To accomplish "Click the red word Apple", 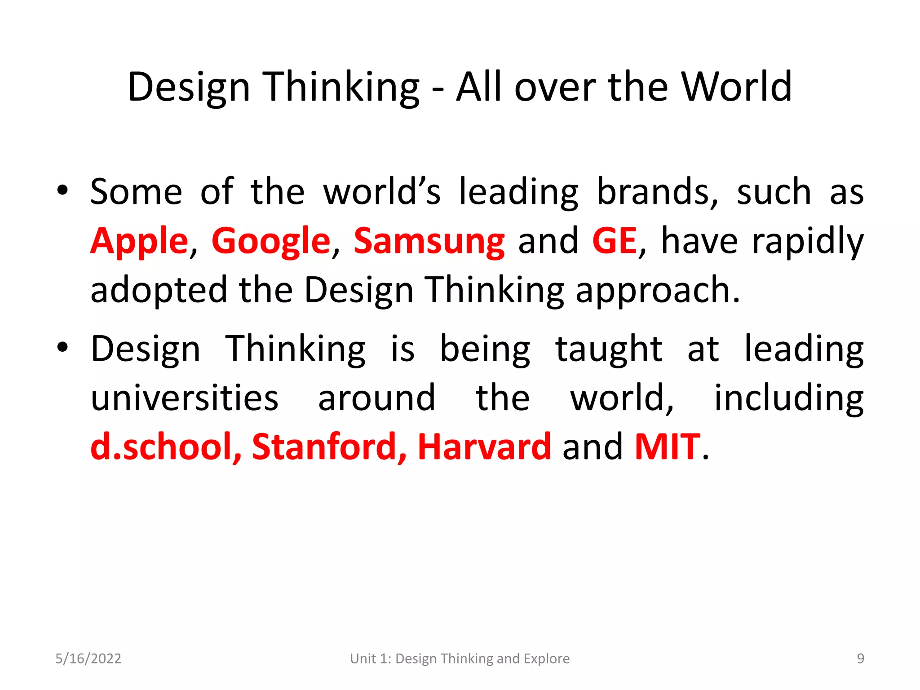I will [x=139, y=242].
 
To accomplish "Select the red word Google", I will [x=271, y=242].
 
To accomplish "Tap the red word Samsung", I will [x=429, y=242].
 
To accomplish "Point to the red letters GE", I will [x=614, y=241].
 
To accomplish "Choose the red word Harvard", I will [x=484, y=447].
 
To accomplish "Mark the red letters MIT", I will [x=667, y=447].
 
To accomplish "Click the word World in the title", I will [x=736, y=87].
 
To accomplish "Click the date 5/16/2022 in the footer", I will [x=88, y=659].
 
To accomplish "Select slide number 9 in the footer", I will [x=860, y=659].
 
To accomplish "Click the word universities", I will [x=184, y=398].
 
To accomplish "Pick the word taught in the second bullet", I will [x=608, y=349].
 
